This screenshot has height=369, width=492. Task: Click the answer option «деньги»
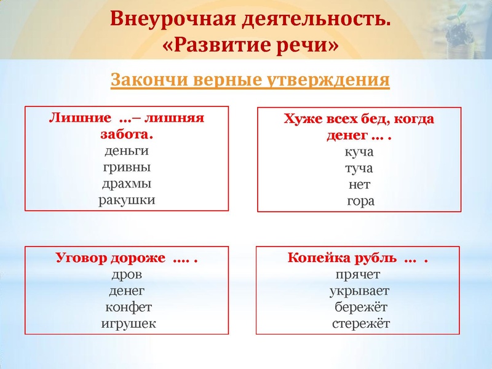(x=126, y=151)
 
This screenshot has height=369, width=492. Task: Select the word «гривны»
(x=126, y=167)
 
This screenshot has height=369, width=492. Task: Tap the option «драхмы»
(x=126, y=183)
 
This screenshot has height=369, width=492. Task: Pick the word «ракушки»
(x=127, y=199)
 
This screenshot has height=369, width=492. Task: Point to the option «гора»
(x=360, y=200)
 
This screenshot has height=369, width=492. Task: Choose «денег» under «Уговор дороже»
(x=127, y=291)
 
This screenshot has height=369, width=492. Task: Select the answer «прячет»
(x=358, y=275)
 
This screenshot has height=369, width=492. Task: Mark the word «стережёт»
(x=360, y=323)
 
